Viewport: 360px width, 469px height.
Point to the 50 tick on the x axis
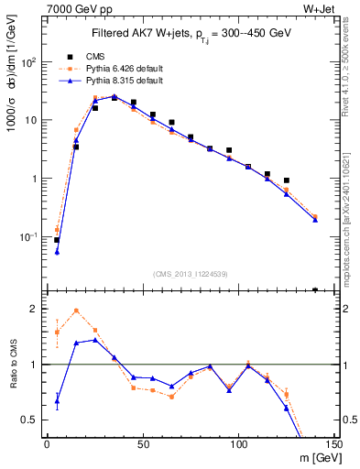click(x=143, y=444)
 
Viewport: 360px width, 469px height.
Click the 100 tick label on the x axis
click(x=238, y=444)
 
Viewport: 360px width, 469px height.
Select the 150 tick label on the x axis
click(x=333, y=444)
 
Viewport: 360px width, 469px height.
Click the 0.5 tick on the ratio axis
click(x=30, y=420)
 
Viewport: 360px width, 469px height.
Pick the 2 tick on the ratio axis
click(x=34, y=309)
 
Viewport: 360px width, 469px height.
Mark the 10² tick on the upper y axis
click(x=28, y=62)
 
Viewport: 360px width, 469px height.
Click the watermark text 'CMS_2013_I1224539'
click(x=191, y=273)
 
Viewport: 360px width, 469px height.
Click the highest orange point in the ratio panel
click(x=76, y=311)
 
